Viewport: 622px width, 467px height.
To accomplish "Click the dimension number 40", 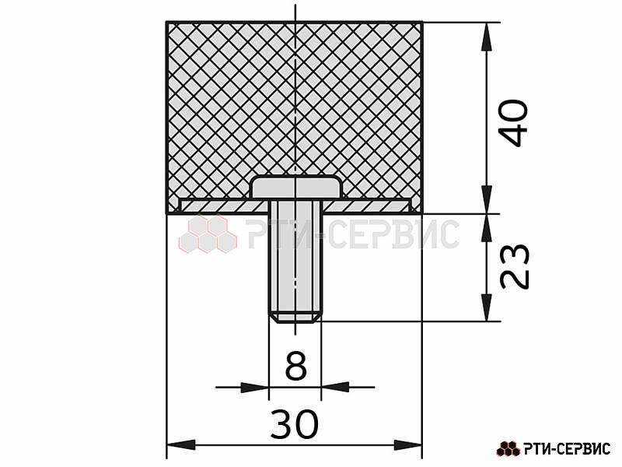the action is (513, 124).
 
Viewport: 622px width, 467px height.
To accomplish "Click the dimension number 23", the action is (514, 266).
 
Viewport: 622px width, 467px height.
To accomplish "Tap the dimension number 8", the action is (296, 365).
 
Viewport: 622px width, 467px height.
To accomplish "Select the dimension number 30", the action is (295, 424).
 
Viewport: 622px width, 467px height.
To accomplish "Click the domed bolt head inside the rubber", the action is (297, 187).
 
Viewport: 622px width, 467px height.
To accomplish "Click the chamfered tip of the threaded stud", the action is (295, 318).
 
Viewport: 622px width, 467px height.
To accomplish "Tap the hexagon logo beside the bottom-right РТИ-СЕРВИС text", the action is (508, 449).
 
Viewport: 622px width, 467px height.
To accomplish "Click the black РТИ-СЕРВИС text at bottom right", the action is (567, 449).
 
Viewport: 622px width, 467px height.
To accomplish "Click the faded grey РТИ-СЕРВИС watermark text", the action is (352, 234).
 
